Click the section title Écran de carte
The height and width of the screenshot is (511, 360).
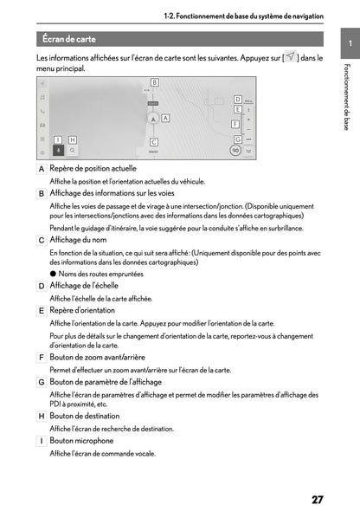[x=68, y=39]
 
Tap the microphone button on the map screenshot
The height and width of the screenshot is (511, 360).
[x=57, y=150]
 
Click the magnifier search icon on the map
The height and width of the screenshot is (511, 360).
[x=72, y=150]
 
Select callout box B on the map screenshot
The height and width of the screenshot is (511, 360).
[x=154, y=81]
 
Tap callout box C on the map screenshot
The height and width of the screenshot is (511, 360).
[x=153, y=141]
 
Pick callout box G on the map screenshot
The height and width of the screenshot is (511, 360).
[x=236, y=135]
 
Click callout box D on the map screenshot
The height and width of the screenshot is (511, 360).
[x=237, y=100]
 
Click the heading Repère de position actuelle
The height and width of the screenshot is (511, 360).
[x=93, y=168]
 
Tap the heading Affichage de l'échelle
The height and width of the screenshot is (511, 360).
[x=84, y=286]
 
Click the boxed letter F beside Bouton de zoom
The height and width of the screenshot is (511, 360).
[x=42, y=358]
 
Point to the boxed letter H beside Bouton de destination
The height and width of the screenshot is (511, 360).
[x=42, y=417]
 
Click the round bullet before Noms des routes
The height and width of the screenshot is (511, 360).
[x=53, y=274]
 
